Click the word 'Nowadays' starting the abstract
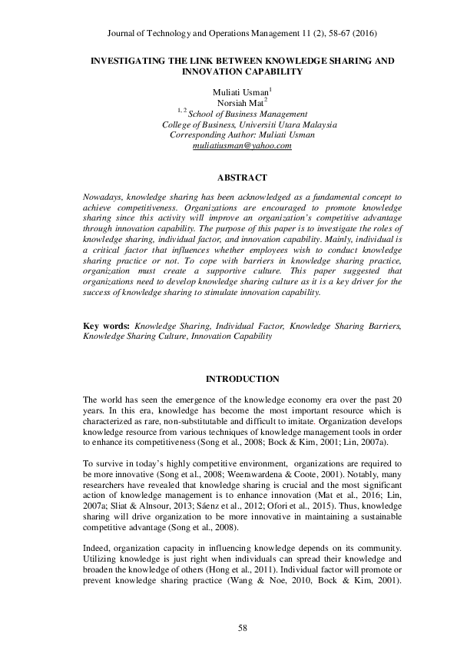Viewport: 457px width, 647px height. pos(101,197)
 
